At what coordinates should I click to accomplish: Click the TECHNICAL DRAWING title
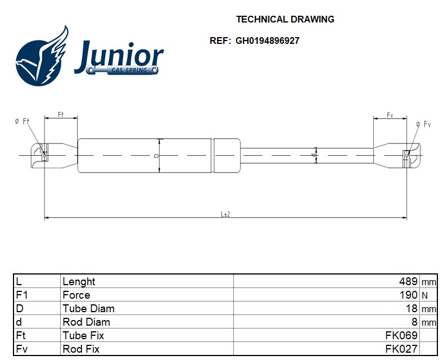tap(285, 19)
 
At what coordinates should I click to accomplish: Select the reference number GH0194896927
tap(267, 41)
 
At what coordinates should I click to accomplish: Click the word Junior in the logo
tap(119, 55)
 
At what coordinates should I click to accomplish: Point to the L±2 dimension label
tap(226, 214)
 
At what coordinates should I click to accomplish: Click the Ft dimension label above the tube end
tap(61, 115)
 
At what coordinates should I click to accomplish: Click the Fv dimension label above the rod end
tap(390, 115)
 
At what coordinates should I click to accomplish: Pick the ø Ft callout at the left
tap(22, 121)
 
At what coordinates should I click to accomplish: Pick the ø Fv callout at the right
tap(423, 124)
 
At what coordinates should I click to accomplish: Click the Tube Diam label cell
tap(88, 308)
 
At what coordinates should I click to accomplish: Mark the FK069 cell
tap(401, 335)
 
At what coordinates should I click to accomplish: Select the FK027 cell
tap(401, 349)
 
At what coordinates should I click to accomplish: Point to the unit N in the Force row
tap(424, 295)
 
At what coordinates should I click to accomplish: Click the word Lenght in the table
tap(79, 281)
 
